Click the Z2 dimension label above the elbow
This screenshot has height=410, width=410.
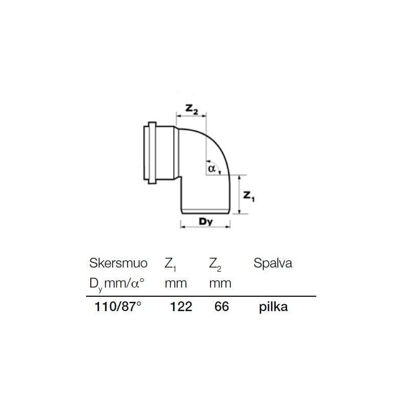(192, 110)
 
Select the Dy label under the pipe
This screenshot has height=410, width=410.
(206, 222)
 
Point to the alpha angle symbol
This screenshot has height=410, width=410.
(211, 168)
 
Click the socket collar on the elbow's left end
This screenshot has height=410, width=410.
(152, 152)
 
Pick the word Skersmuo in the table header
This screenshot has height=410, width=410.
(118, 263)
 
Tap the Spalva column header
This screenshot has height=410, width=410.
(273, 263)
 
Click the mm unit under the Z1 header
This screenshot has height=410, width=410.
(175, 283)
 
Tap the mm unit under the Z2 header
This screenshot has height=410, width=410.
(220, 283)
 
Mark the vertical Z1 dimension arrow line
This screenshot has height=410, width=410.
(239, 194)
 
